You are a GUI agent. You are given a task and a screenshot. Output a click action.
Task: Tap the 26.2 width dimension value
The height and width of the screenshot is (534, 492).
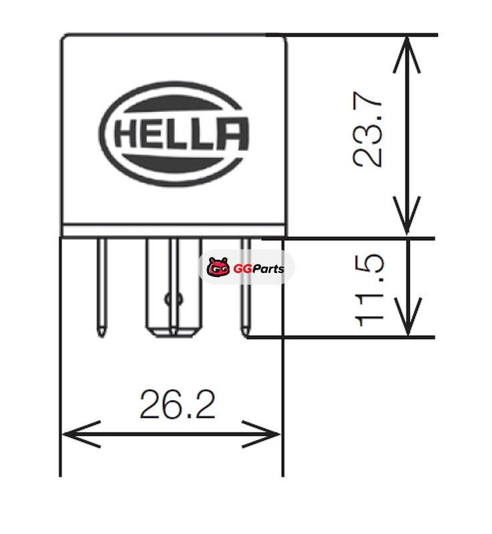[x=178, y=405]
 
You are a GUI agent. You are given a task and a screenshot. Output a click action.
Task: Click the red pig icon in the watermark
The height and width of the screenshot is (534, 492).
[x=218, y=268]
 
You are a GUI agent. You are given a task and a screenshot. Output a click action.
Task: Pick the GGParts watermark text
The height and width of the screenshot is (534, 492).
[x=258, y=269]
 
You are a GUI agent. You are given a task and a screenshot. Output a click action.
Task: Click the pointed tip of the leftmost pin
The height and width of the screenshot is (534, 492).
[x=101, y=332]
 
